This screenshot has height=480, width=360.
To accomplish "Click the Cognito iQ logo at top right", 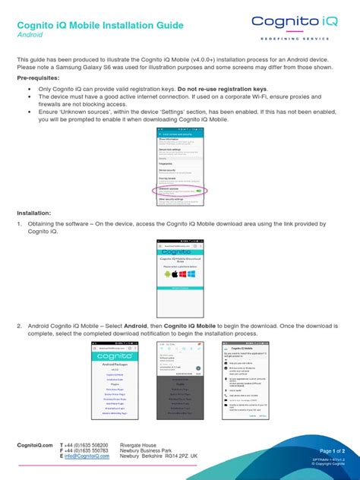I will click(295, 25).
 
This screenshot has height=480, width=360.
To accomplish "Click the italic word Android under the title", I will click(31, 35).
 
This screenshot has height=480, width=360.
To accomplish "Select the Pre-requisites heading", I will click(40, 77).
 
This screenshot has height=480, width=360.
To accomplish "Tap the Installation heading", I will click(33, 213).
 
